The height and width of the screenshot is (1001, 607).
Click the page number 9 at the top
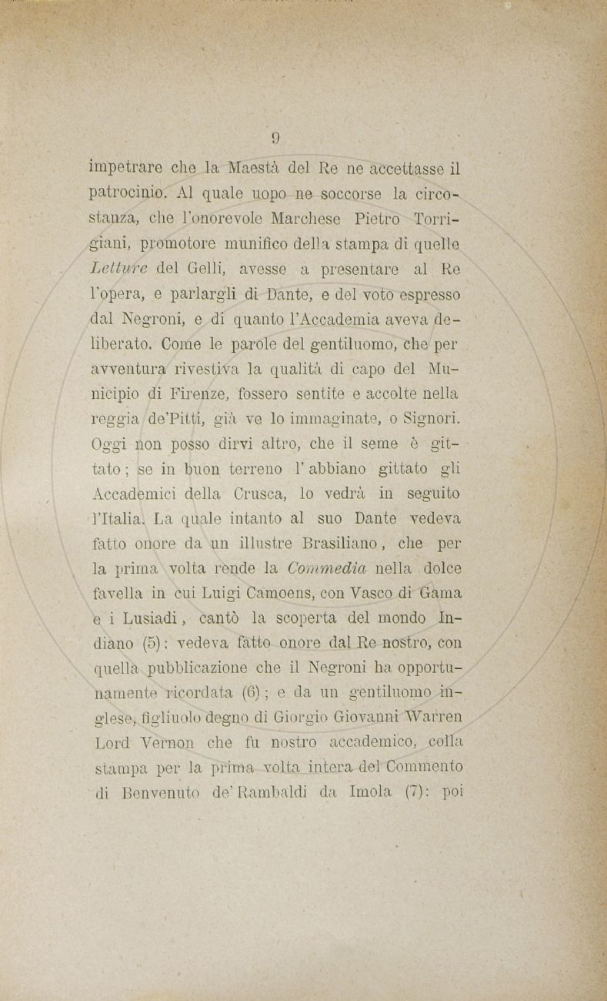275,139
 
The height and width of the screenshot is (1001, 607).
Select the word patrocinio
123,193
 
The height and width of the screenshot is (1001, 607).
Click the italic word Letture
118,269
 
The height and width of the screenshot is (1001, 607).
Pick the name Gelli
202,269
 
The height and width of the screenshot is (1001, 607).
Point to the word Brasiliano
339,544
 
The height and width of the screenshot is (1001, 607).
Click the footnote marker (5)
145,643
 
